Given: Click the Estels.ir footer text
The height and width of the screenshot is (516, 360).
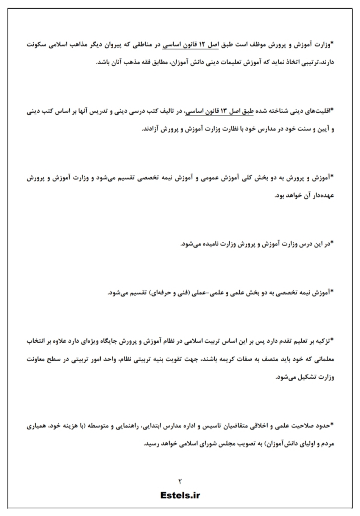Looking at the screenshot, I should [x=180, y=495].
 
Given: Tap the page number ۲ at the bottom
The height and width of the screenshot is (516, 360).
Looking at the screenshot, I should [x=180, y=481].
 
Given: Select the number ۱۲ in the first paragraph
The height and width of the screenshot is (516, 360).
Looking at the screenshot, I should [x=201, y=45].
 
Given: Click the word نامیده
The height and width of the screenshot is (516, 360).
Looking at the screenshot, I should [x=214, y=244].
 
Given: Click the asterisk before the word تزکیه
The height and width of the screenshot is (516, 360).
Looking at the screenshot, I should [x=332, y=340].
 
